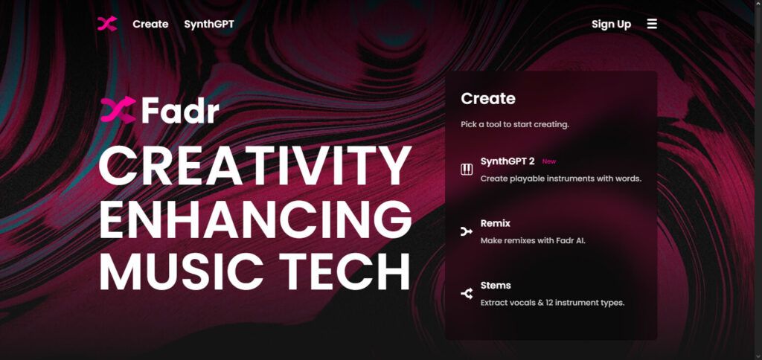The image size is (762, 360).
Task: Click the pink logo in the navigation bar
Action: click(x=107, y=24)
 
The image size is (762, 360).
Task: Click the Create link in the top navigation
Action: click(x=150, y=24)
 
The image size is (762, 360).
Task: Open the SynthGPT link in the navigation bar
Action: click(x=209, y=24)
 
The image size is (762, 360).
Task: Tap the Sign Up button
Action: click(x=611, y=24)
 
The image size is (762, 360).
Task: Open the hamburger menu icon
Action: click(x=652, y=24)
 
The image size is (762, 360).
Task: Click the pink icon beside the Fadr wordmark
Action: click(x=118, y=110)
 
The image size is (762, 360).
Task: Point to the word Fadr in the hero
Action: click(x=179, y=111)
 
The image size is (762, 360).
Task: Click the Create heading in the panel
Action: click(x=488, y=98)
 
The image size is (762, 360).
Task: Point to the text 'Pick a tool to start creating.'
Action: click(x=515, y=124)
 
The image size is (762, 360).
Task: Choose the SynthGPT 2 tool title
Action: click(x=508, y=161)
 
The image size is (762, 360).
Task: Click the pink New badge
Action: click(x=549, y=161)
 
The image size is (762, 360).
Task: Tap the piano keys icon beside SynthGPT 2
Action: click(x=467, y=170)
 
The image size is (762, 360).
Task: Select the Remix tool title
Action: click(x=496, y=223)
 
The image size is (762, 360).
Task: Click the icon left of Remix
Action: click(x=467, y=232)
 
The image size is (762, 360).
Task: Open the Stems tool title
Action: click(x=496, y=285)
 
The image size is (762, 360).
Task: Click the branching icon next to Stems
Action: click(x=467, y=294)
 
